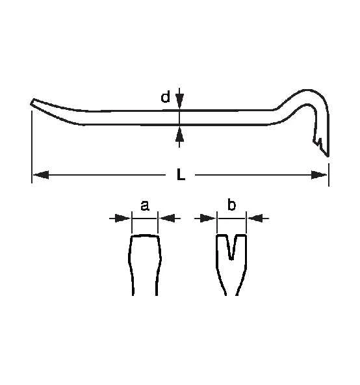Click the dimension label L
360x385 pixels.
tap(180, 174)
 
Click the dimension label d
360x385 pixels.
tap(166, 98)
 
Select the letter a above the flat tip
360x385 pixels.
tap(144, 206)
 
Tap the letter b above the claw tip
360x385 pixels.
tap(231, 206)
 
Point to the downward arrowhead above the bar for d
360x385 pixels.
tap(180, 101)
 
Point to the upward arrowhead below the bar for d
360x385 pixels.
tap(180, 133)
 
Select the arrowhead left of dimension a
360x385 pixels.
tap(123, 219)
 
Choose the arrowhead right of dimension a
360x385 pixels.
tap(166, 219)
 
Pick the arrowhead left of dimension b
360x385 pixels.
tap(209, 219)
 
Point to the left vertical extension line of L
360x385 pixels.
tap(32, 146)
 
